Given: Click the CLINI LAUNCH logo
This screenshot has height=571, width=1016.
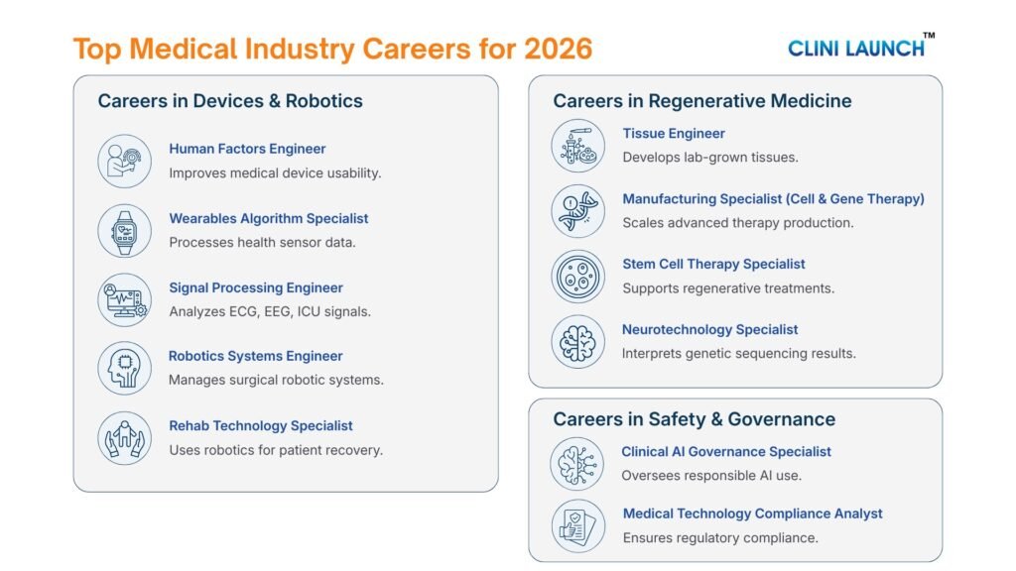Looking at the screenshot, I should pos(859,46).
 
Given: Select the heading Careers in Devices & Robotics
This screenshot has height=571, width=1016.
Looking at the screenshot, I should pos(230,101).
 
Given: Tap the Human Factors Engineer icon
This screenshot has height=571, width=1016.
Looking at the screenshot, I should pos(124,161).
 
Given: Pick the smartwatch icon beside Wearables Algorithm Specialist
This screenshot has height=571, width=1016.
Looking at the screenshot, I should pos(124,230).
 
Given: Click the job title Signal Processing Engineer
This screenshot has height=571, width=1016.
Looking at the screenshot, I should pos(256,287).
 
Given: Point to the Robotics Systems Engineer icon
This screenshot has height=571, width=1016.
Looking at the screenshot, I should pos(124,368).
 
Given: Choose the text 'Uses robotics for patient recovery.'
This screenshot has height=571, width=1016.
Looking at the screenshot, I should pos(276,450).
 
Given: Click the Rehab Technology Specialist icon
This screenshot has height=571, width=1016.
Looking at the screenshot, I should pos(124,437).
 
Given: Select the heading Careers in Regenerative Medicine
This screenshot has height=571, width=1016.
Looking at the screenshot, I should pos(702,101).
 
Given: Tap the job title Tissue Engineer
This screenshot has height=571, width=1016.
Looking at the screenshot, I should pos(674,133).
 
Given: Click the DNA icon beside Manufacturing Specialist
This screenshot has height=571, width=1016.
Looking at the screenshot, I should pos(577,210).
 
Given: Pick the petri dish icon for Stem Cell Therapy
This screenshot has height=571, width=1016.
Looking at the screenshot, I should pos(577,277).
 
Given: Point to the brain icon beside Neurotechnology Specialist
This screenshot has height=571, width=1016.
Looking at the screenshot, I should pos(577,342).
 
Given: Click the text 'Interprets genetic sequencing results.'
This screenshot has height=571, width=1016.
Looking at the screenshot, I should pos(739,353).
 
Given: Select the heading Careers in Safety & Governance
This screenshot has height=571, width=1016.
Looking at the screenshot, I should pos(695,419).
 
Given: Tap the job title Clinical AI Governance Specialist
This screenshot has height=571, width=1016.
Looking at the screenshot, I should pos(726,451).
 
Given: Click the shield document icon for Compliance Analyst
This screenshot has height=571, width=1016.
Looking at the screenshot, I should pos(577,526).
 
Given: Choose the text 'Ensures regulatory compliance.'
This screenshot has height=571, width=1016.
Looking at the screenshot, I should pos(720,537).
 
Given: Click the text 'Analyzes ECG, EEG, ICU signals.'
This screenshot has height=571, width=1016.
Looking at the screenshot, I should pos(270,311).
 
